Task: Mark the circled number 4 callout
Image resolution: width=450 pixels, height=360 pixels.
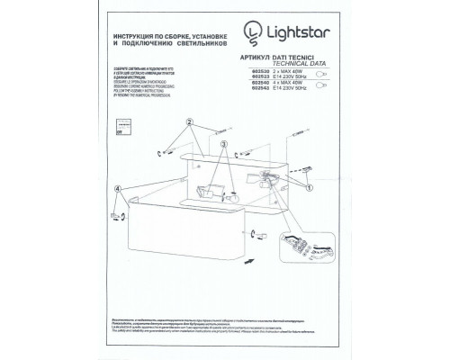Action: tap(119, 187)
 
